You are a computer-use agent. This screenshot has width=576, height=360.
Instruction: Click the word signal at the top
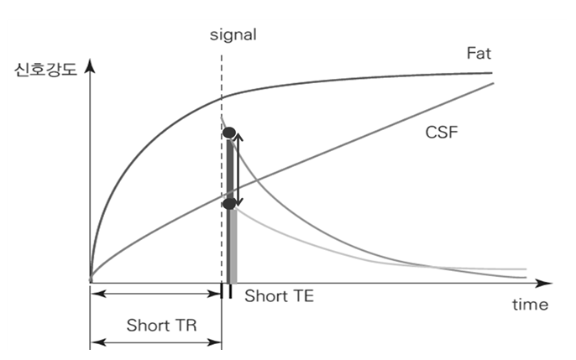click(233, 35)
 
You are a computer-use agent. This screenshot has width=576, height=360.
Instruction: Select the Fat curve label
click(479, 53)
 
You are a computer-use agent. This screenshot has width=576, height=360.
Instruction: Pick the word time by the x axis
click(531, 304)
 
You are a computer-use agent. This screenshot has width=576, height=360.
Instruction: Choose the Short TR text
click(161, 324)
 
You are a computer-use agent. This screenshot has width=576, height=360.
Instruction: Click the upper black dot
click(228, 133)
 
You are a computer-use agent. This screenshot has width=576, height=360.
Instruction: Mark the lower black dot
click(228, 204)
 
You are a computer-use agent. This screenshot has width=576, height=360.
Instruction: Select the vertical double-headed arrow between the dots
click(238, 168)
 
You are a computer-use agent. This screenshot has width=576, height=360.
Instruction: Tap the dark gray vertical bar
click(228, 243)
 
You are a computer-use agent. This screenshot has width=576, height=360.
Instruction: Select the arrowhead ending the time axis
click(547, 283)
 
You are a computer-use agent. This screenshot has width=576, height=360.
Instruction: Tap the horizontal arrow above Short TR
click(155, 294)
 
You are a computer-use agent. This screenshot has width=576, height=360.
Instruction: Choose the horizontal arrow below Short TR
click(155, 342)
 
